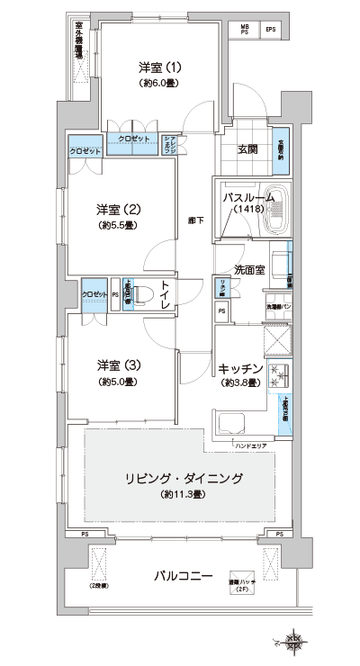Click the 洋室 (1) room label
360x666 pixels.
click(x=160, y=67)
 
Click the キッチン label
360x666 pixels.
click(x=240, y=368)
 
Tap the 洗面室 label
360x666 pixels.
click(x=249, y=269)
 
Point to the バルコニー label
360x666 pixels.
click(x=182, y=575)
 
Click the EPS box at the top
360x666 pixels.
click(x=270, y=30)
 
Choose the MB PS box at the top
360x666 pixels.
click(x=243, y=30)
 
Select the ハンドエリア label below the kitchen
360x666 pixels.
click(x=251, y=445)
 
